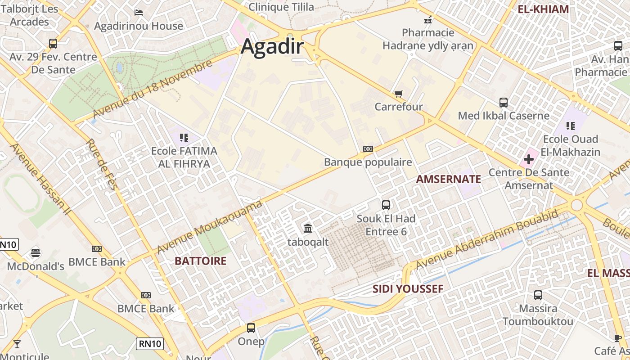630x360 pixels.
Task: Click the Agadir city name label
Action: tap(272, 47)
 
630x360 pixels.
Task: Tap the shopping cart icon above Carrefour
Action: tap(398, 94)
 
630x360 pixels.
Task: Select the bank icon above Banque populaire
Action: tap(368, 149)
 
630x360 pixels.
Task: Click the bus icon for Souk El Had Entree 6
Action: tap(386, 205)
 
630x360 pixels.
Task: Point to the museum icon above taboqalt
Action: tap(308, 229)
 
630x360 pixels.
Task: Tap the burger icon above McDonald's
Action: tap(36, 252)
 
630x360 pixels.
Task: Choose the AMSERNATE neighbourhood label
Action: tap(448, 179)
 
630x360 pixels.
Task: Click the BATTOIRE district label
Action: tap(200, 261)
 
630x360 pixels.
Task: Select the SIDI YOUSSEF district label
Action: tap(408, 289)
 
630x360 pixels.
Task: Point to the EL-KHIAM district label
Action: tap(543, 9)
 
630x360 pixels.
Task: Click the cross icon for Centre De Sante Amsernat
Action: tap(528, 159)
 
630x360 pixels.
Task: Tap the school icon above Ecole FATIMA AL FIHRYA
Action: tap(184, 137)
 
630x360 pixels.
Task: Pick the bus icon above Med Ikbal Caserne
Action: tap(504, 103)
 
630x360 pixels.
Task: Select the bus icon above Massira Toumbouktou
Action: tap(538, 296)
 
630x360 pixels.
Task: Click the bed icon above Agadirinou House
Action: tap(139, 12)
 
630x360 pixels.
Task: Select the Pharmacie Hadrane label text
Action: tap(428, 39)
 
